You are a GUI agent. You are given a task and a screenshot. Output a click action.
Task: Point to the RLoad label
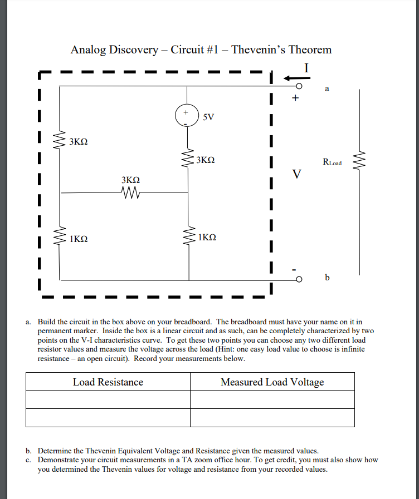coord(332,162)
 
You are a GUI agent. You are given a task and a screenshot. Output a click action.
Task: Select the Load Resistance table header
coord(108,382)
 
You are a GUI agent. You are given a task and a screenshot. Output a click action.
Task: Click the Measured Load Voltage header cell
coord(272,382)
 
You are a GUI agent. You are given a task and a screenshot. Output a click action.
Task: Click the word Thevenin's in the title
coord(257,50)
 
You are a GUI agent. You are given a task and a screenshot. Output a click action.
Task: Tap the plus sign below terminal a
coord(295,99)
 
